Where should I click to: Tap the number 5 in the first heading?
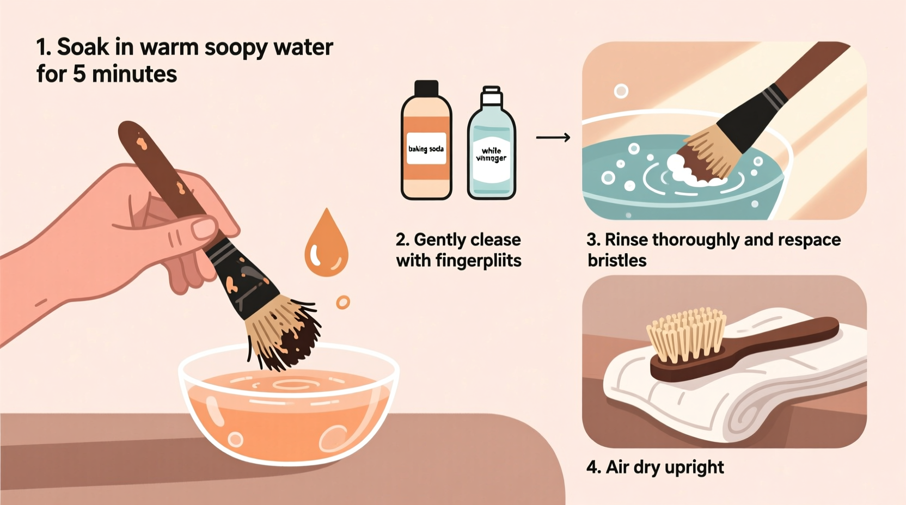click(79, 74)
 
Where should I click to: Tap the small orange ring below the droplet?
click(342, 302)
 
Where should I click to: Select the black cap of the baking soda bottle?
click(426, 88)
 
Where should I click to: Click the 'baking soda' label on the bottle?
click(426, 149)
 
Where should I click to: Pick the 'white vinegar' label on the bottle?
click(491, 155)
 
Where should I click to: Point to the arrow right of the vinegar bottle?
click(553, 138)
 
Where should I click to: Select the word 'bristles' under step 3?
click(617, 261)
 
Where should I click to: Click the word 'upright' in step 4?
click(694, 467)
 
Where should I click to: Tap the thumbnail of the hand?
click(205, 227)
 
